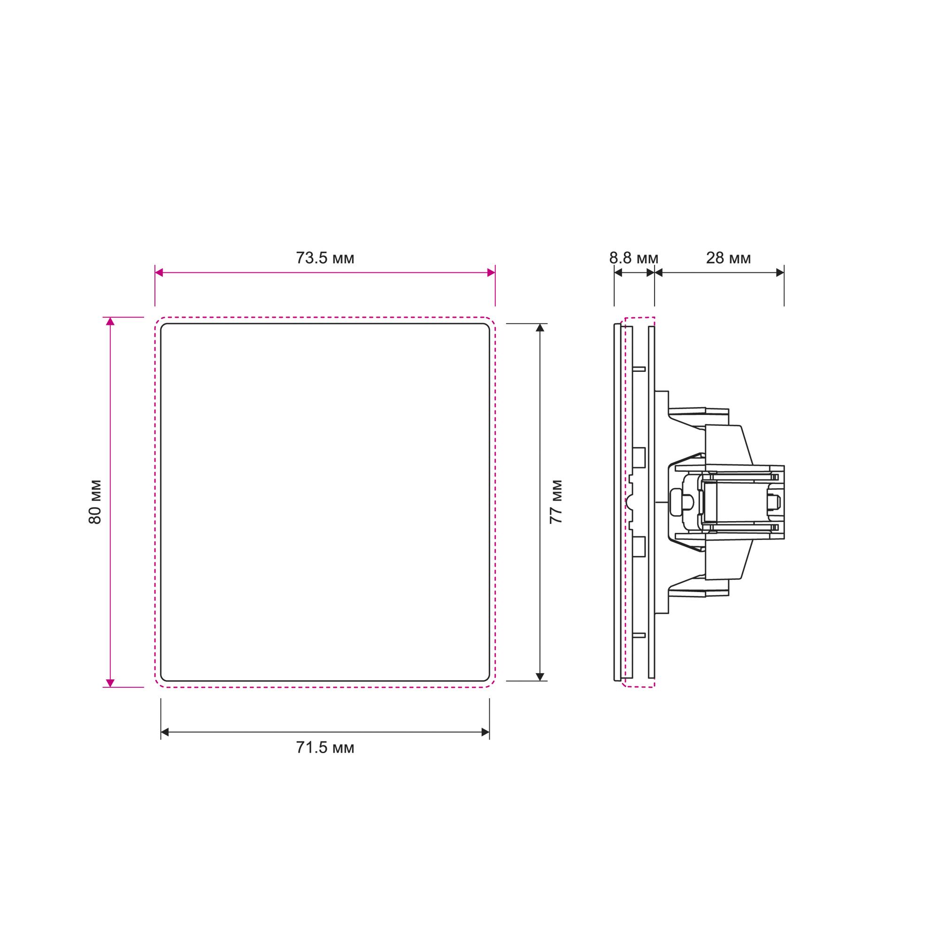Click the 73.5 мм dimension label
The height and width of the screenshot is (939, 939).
325,258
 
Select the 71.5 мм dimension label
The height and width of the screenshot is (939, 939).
325,747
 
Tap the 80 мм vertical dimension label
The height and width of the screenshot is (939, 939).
95,502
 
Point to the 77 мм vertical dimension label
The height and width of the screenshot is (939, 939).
556,502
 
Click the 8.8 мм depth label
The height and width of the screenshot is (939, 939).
634,258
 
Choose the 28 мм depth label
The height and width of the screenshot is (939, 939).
728,258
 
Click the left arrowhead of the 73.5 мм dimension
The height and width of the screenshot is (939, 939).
159,273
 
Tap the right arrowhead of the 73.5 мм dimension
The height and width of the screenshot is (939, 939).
491,273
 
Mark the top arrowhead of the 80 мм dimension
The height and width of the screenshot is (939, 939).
110,321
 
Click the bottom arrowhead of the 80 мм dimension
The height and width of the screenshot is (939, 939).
110,683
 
